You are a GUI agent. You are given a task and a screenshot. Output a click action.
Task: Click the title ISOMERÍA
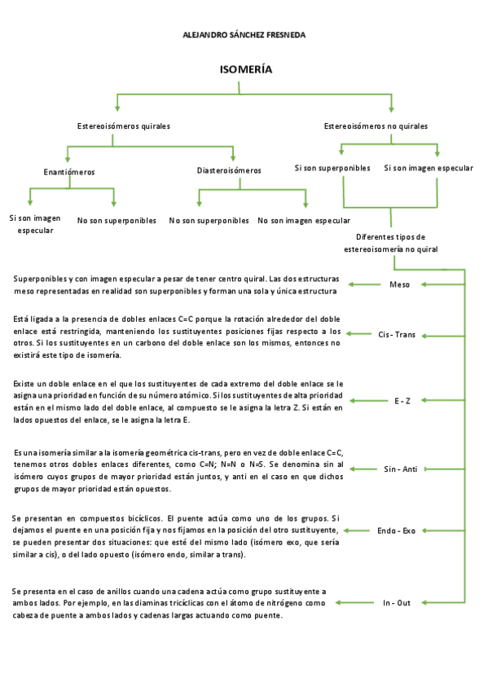click(246, 70)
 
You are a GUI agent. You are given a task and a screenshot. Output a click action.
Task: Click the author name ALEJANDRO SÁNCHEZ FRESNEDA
click(244, 36)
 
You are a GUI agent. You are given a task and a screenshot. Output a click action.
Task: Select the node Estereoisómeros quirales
click(124, 126)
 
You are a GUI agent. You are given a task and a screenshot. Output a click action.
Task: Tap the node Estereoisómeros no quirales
click(376, 126)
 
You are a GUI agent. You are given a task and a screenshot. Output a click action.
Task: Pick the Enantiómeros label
click(69, 172)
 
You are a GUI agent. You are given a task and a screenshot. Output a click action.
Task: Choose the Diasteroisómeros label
click(229, 171)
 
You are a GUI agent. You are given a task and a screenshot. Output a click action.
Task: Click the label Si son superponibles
click(332, 168)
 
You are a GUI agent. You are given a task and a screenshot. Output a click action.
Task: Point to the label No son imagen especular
click(304, 221)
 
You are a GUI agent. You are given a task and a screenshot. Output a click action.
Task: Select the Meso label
click(400, 284)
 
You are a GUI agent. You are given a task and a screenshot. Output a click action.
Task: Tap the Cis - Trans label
click(397, 334)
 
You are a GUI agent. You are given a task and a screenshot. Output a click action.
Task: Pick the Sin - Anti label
click(400, 469)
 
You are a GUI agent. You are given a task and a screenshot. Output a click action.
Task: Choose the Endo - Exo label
click(396, 530)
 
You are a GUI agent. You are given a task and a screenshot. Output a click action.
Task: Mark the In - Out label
click(398, 603)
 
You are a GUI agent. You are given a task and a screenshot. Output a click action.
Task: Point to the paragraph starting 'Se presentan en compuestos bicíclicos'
click(175, 536)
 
